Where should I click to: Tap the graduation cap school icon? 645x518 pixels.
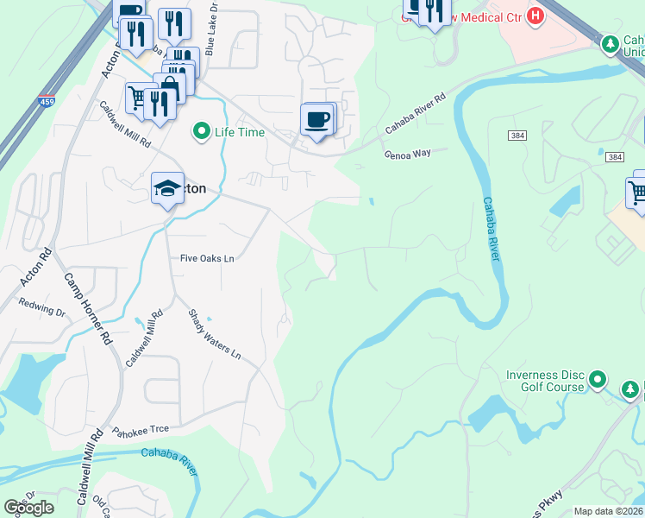click(167, 188)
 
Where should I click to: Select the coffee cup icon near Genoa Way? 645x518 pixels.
click(316, 118)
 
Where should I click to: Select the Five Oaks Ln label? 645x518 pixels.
click(207, 258)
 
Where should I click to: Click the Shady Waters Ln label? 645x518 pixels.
click(215, 335)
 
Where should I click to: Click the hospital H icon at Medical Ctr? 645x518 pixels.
click(535, 16)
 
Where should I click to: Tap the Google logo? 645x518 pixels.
click(28, 508)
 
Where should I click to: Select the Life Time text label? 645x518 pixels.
click(240, 132)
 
